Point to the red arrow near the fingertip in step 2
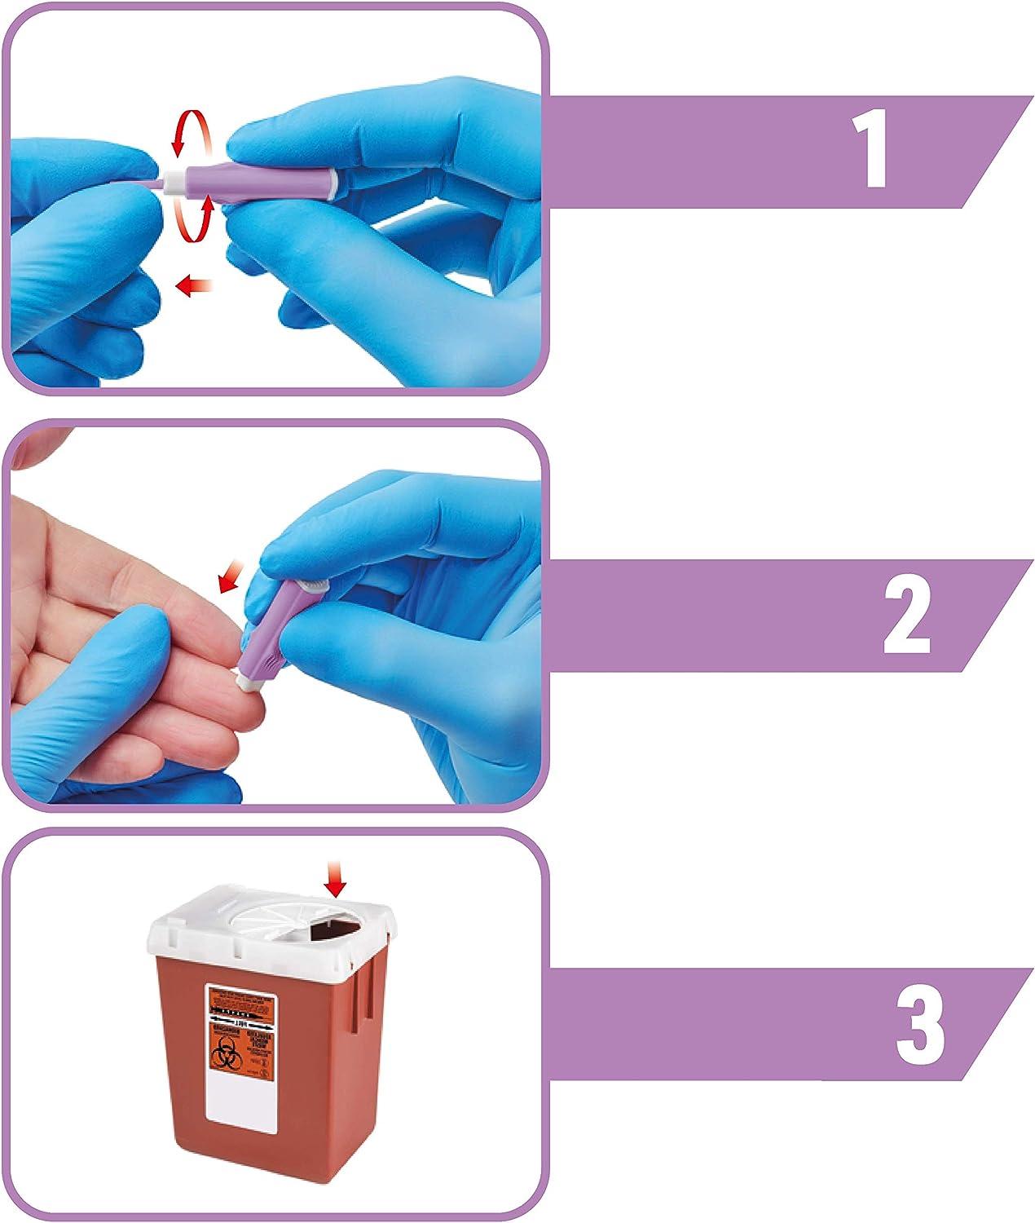click(231, 581)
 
